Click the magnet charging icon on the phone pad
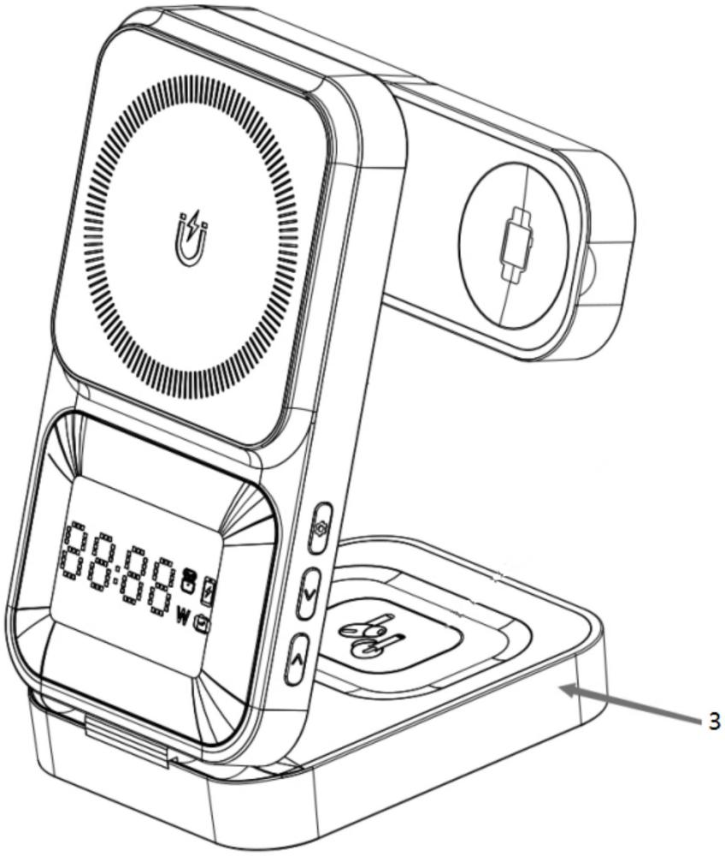click(192, 238)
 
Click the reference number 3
click(714, 722)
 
